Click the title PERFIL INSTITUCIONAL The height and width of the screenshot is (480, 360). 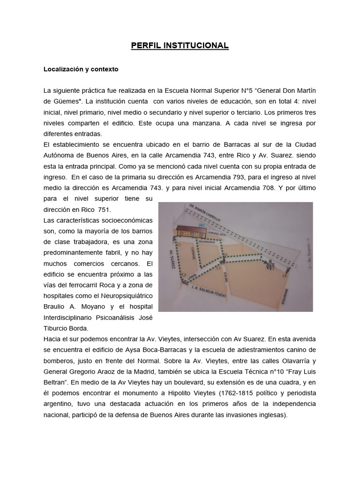(180, 45)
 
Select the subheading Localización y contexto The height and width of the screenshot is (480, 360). (81, 69)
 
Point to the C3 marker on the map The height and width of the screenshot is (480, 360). (219, 268)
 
